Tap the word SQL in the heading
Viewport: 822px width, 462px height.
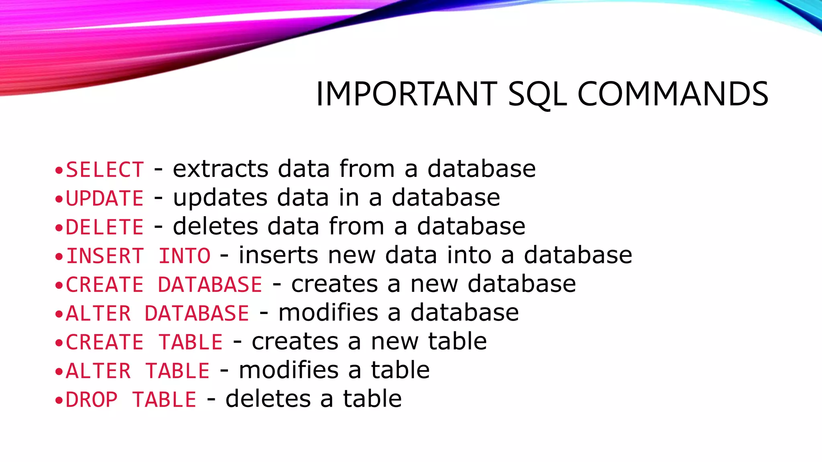click(x=537, y=95)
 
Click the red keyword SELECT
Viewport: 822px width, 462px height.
click(x=104, y=169)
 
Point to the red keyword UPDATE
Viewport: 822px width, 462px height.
click(x=104, y=198)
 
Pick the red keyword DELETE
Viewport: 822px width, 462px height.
click(x=104, y=227)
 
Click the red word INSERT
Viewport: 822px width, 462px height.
click(x=104, y=256)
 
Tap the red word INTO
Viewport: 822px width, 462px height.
click(x=184, y=256)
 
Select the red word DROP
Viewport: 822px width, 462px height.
click(x=92, y=400)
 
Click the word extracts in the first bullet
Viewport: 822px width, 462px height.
click(x=220, y=169)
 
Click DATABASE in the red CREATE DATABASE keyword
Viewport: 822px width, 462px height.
click(x=210, y=285)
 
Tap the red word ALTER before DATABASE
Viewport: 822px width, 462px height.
click(x=98, y=314)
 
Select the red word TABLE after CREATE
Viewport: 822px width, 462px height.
click(x=191, y=342)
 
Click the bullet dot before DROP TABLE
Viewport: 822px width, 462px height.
click(x=59, y=400)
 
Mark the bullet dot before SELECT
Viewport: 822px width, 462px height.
click(x=59, y=170)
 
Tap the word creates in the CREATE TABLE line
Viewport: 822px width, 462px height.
click(x=295, y=342)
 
